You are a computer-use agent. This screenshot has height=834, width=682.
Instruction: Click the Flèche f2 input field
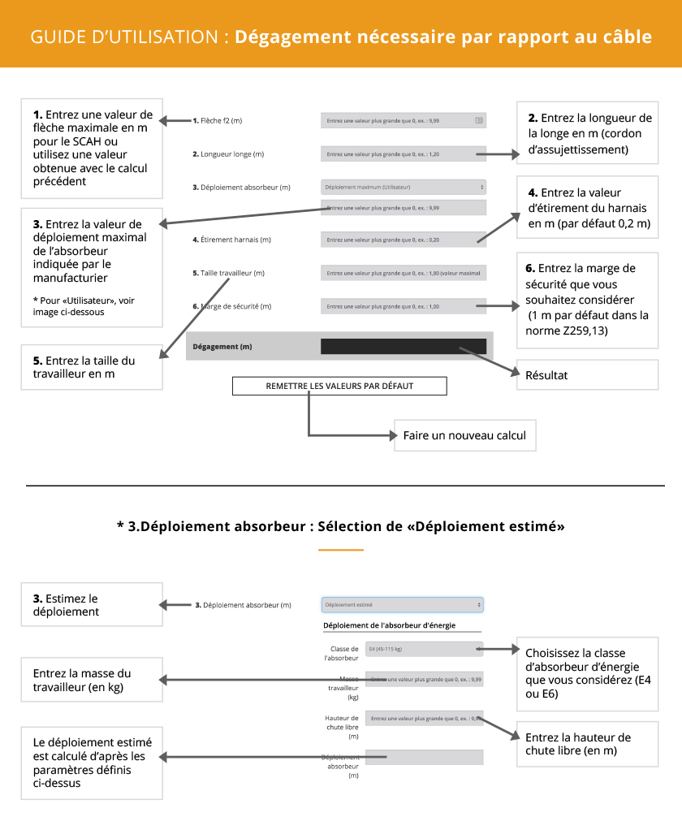tap(403, 120)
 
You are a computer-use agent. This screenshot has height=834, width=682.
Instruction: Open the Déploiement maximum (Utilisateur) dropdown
tap(404, 187)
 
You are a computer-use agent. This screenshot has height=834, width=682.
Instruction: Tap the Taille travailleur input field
tap(403, 273)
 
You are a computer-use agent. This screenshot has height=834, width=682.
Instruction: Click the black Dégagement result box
tap(404, 346)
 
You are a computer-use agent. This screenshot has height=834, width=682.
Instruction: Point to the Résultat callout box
tap(587, 375)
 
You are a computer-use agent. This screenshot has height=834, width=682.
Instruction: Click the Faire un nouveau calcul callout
tap(464, 435)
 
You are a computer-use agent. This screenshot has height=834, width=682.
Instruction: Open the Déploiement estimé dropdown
tap(403, 605)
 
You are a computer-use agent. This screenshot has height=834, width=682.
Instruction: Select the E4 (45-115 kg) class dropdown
tap(424, 649)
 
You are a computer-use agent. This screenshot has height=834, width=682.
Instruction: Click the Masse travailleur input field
tap(424, 679)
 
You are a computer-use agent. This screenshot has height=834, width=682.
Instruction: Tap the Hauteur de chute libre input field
tap(424, 718)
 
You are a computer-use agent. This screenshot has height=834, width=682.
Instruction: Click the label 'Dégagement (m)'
tap(222, 347)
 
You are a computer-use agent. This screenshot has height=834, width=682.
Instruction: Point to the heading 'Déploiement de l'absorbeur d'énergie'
tap(389, 624)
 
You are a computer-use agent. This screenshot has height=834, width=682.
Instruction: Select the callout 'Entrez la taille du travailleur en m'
tap(92, 367)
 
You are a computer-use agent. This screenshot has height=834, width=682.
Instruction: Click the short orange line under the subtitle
tap(340, 550)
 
